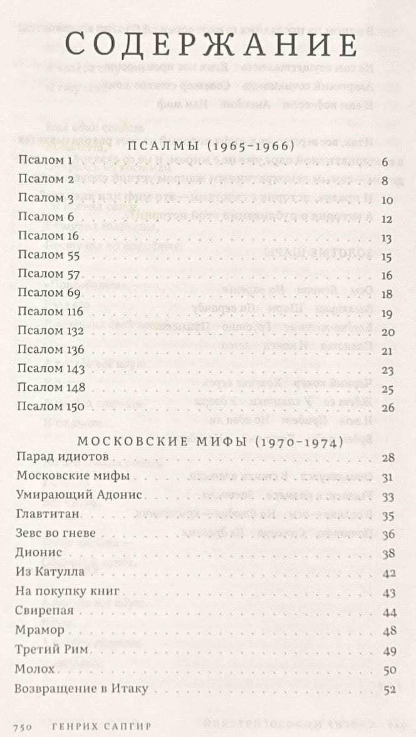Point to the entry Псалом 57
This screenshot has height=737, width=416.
coord(50,273)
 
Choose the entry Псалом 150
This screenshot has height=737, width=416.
coord(53,407)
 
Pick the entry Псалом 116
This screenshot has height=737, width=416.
coord(52,312)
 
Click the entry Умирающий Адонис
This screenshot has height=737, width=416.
coord(80,495)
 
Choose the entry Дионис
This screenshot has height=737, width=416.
coord(39,553)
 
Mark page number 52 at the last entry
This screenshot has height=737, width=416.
coord(388,691)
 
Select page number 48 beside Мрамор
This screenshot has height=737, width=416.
coord(388,633)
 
